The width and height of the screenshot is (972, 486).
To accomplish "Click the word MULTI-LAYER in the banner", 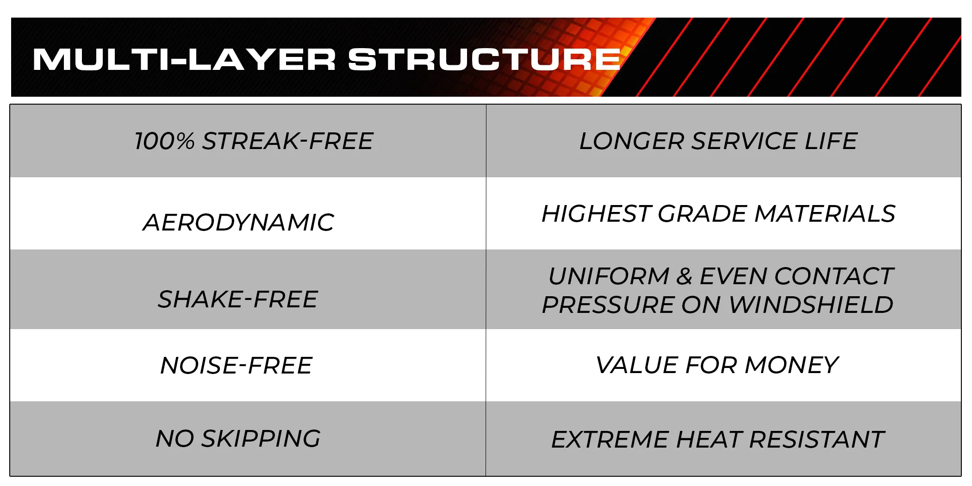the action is click(x=184, y=60).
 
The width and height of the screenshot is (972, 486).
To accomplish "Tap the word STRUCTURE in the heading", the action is click(x=484, y=60).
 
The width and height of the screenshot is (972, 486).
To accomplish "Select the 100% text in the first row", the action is click(x=165, y=141).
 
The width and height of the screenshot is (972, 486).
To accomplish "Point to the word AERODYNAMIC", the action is click(x=238, y=223).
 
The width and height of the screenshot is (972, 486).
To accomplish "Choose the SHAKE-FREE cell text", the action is click(x=238, y=299).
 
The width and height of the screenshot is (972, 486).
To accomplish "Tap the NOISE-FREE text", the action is click(x=236, y=366).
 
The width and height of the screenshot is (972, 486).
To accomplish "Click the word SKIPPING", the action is click(x=261, y=438).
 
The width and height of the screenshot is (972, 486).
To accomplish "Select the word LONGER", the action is click(x=632, y=141).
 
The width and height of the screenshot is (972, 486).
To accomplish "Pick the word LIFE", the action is click(x=831, y=141).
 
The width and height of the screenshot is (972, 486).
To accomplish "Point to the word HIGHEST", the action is click(x=596, y=214).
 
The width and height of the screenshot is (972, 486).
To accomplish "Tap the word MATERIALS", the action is click(x=825, y=214).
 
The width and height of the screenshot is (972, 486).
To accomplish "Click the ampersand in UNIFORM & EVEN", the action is click(x=684, y=277).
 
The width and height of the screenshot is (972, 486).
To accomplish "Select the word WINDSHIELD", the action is click(x=811, y=305).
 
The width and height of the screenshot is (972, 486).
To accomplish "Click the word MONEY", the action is click(x=791, y=365).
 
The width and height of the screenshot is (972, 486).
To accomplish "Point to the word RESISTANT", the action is click(x=817, y=440).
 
